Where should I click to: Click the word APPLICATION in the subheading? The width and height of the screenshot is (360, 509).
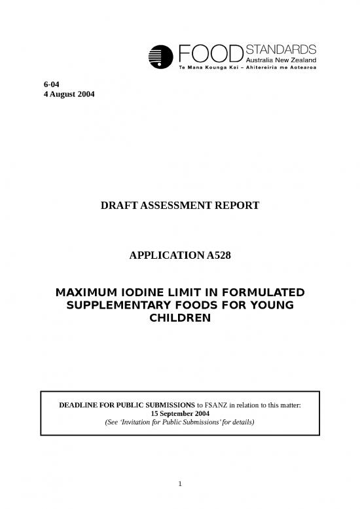coord(164,257)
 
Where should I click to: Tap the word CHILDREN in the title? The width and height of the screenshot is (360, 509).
coord(179,318)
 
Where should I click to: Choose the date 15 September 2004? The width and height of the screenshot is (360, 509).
coord(180,414)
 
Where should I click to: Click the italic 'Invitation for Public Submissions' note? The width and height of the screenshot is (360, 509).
coord(179,423)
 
